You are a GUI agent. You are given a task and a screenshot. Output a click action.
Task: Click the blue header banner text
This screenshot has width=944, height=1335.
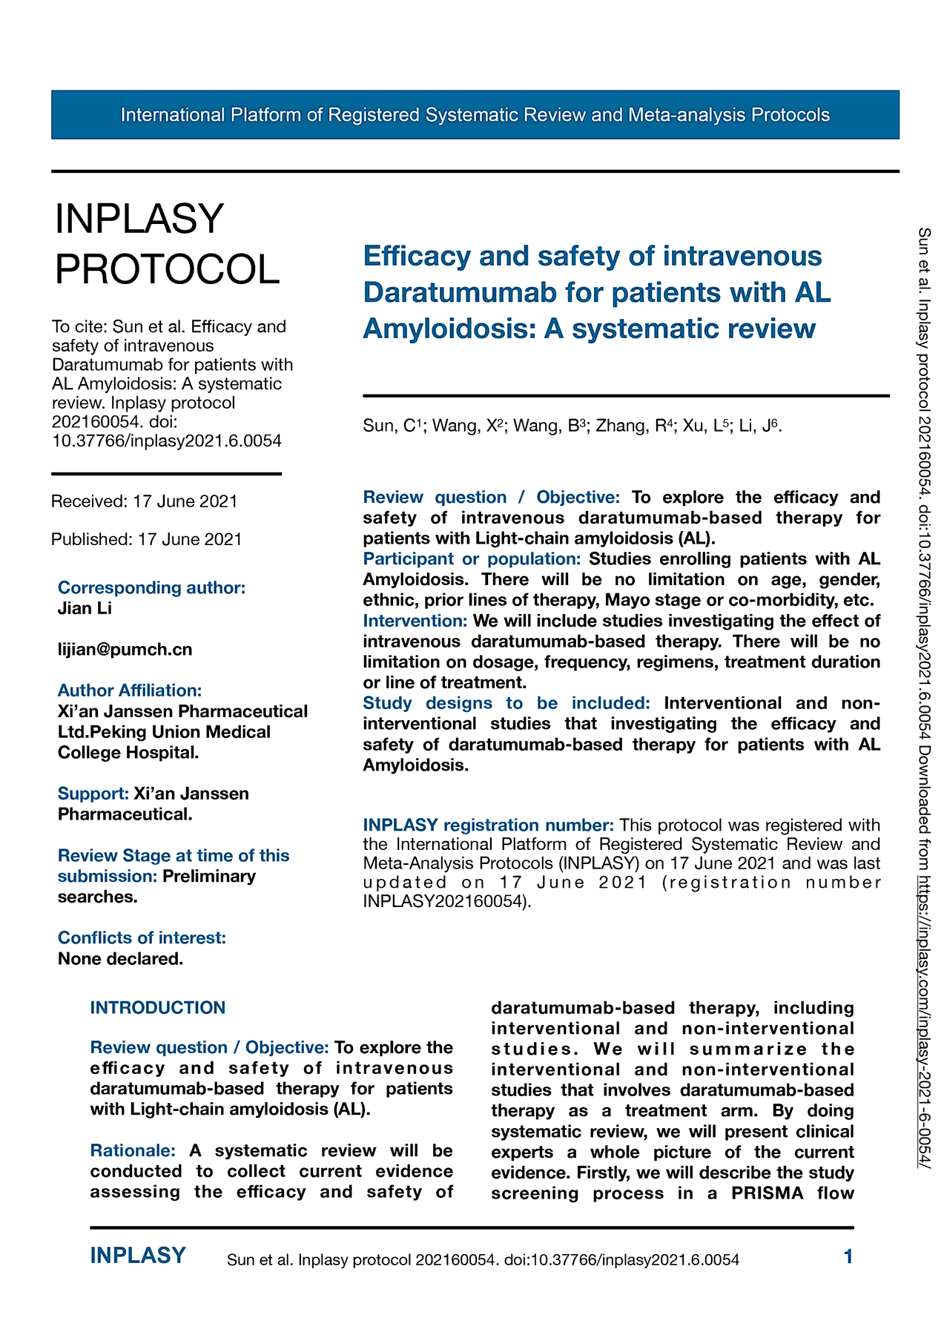click(x=475, y=115)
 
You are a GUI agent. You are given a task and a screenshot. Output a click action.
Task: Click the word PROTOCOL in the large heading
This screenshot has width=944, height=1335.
click(x=168, y=268)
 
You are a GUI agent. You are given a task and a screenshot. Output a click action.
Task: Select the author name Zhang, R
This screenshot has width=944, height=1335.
click(x=635, y=426)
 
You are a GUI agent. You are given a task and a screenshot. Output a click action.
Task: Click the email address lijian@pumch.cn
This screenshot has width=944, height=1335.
click(x=125, y=650)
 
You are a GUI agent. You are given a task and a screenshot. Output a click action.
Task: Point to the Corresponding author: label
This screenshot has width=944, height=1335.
click(x=151, y=587)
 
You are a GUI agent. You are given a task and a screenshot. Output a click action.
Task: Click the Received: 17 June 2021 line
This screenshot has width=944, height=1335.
click(x=145, y=501)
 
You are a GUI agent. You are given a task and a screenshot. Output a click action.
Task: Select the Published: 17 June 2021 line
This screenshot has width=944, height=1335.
click(x=147, y=539)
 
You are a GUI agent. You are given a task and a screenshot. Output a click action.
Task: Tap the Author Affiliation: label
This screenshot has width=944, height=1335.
click(x=130, y=690)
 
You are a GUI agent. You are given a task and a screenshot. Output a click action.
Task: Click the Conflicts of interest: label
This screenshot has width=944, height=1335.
click(x=142, y=937)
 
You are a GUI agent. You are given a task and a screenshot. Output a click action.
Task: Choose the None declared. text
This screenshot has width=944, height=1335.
click(x=120, y=958)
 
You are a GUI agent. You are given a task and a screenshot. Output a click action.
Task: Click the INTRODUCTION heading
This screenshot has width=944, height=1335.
click(x=157, y=1007)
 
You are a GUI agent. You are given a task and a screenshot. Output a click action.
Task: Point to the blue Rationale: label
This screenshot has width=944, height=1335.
click(x=133, y=1150)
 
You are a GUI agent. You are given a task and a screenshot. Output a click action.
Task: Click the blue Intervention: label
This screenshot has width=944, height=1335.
click(x=415, y=620)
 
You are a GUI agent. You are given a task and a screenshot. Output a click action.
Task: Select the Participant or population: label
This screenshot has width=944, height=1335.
click(x=472, y=558)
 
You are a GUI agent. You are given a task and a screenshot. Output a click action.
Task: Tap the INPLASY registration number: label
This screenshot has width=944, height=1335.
click(x=488, y=825)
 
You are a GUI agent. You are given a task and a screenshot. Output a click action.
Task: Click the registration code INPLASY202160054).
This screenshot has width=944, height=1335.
click(x=447, y=902)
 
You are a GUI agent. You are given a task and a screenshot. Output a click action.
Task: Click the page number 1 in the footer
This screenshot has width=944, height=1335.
click(x=848, y=1256)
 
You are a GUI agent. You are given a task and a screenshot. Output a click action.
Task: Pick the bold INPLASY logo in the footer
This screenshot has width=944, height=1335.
click(x=138, y=1256)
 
